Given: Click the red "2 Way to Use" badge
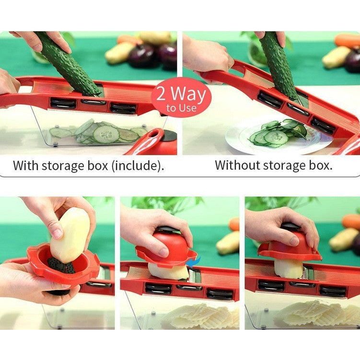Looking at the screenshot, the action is pos(181,98).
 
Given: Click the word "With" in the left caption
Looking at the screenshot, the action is pos(25,165).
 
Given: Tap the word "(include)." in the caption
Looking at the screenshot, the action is pos(138,166).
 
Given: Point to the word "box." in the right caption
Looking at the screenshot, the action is pos(321,165).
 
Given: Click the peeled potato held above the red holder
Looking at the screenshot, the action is pos(70,235).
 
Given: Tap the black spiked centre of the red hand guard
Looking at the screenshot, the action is pos(61,266).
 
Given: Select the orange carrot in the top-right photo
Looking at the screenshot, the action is pos(347,41).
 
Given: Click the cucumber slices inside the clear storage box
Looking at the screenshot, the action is pos(99,133).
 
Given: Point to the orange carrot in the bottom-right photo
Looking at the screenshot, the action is pos(351,221).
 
